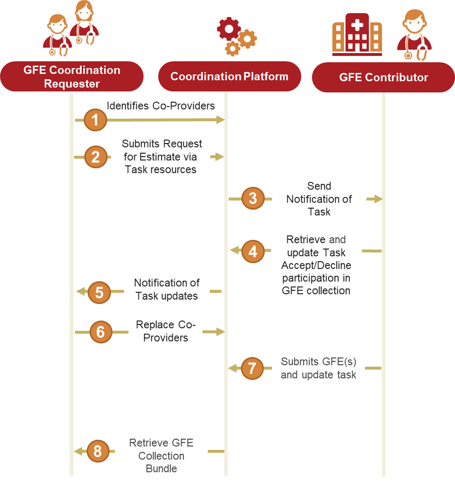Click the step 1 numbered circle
tap(95, 120)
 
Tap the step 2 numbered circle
tap(96, 157)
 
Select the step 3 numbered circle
tap(253, 198)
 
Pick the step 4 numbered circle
tap(253, 251)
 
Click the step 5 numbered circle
tap(99, 292)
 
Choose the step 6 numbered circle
tap(101, 332)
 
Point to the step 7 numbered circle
tap(253, 369)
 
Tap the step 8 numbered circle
tap(98, 451)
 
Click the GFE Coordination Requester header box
tap(72, 76)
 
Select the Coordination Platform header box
tap(229, 76)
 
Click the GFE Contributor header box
tap(383, 77)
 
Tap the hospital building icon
tap(357, 35)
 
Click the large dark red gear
tap(229, 29)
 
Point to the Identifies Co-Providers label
tap(161, 106)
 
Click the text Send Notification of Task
tap(319, 199)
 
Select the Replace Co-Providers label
tap(165, 331)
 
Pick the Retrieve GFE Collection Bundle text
tap(161, 456)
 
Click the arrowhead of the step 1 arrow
tap(221, 120)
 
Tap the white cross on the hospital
tap(357, 25)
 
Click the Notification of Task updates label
tap(167, 289)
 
